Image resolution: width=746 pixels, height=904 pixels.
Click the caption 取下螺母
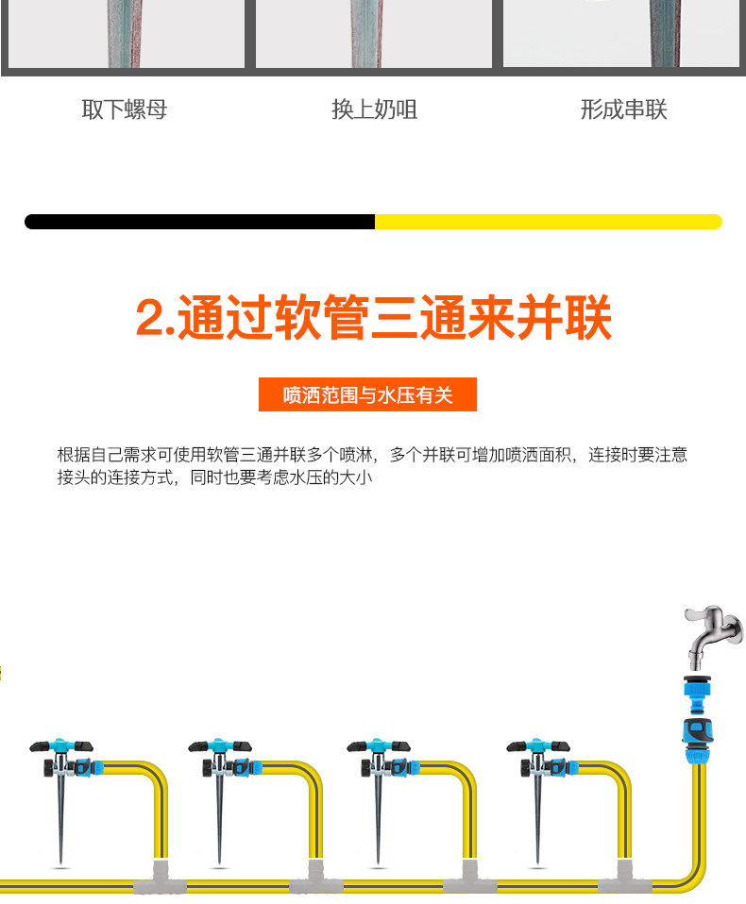click(x=125, y=109)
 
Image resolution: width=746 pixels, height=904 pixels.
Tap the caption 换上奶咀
click(x=374, y=109)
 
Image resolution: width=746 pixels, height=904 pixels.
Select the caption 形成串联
click(x=623, y=109)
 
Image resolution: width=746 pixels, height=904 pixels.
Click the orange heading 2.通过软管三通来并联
click(x=373, y=317)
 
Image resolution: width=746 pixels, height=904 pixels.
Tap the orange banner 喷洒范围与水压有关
click(x=367, y=394)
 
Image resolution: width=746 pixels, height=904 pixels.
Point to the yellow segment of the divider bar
click(x=548, y=222)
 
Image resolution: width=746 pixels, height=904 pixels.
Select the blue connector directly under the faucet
click(x=701, y=692)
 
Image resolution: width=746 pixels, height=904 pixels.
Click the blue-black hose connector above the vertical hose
click(x=701, y=732)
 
